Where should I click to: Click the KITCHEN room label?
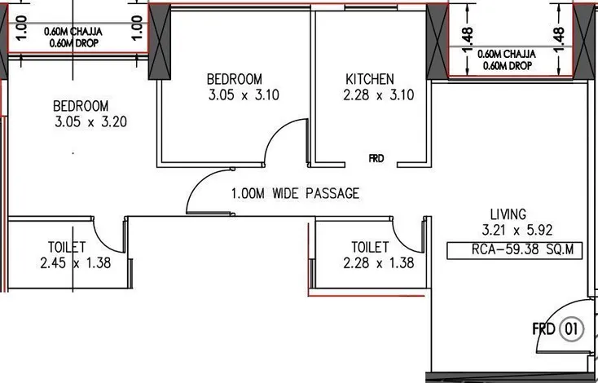[x=370, y=79]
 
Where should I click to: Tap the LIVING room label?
[x=508, y=214]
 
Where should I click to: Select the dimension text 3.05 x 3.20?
[x=90, y=121]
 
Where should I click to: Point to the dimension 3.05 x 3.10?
[x=244, y=95]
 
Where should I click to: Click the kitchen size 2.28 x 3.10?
[x=379, y=95]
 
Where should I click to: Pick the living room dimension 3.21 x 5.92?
[x=517, y=230]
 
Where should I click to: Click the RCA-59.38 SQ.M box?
[x=514, y=250]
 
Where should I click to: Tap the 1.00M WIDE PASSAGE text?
[x=296, y=193]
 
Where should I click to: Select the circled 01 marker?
[x=571, y=328]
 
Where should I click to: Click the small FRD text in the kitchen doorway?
[x=376, y=158]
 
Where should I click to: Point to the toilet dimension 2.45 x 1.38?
[x=76, y=263]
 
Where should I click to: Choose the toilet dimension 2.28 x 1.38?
[x=379, y=263]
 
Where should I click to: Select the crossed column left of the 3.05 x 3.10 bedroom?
[x=160, y=42]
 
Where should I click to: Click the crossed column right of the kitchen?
[x=437, y=42]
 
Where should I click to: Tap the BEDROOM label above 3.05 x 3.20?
[x=81, y=106]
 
